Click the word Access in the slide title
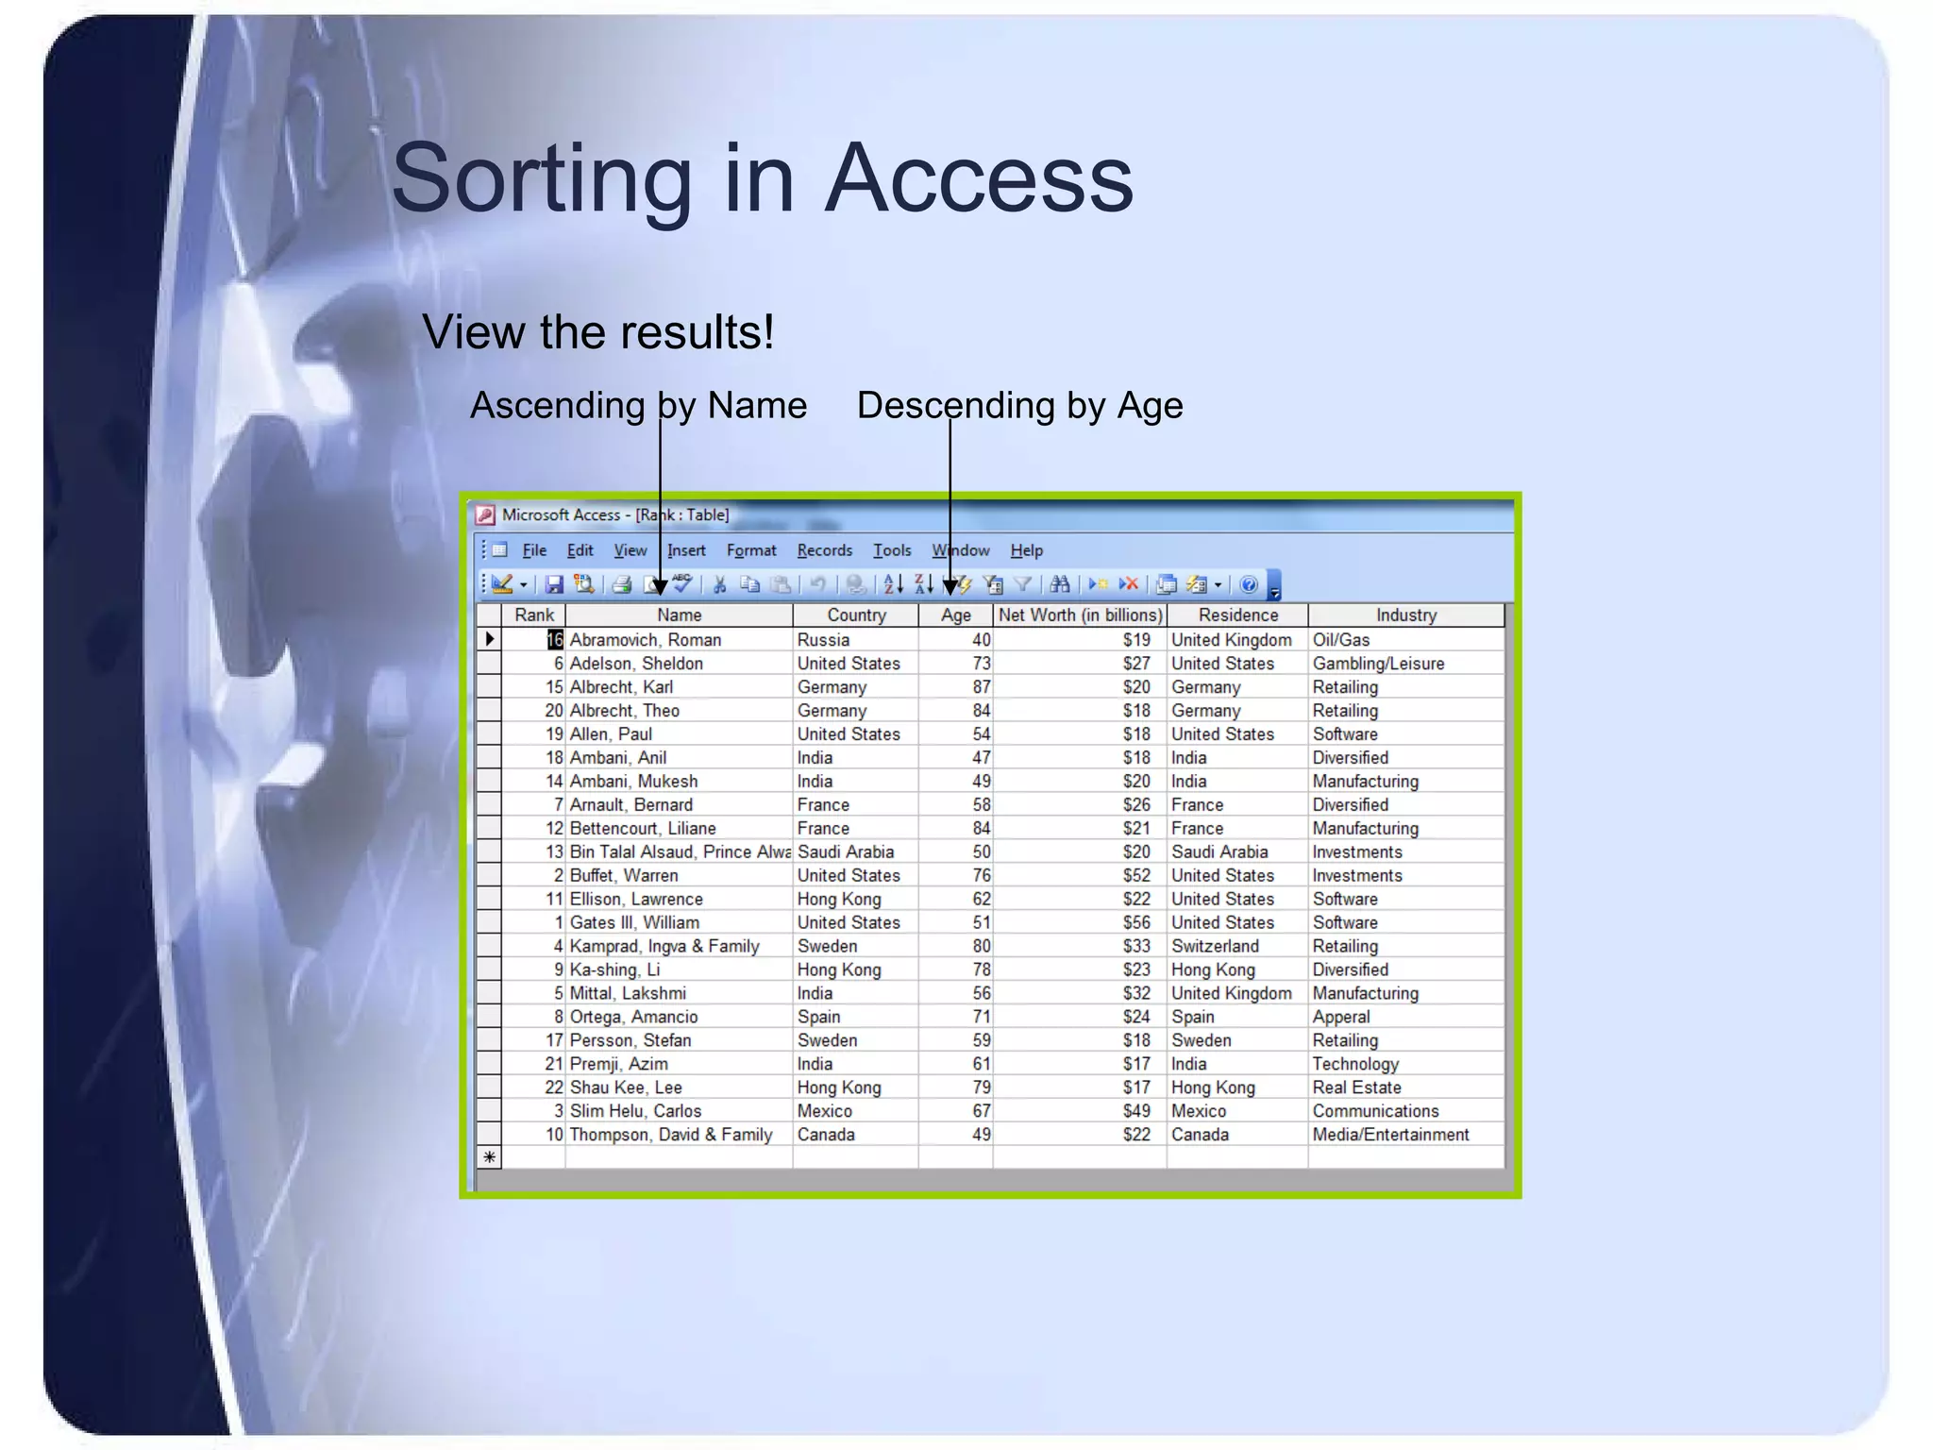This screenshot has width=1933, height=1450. (x=979, y=178)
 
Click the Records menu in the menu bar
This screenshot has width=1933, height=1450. (x=824, y=550)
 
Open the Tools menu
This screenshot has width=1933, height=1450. (x=892, y=550)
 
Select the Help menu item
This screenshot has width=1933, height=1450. (x=1026, y=550)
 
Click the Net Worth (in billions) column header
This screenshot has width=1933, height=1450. (x=1080, y=615)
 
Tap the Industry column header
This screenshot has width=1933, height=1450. (x=1405, y=615)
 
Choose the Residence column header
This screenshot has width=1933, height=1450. (x=1237, y=615)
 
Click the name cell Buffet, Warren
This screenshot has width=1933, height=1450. (x=624, y=875)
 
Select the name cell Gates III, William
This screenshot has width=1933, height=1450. (x=634, y=922)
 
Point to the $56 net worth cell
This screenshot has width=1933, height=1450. (x=1136, y=922)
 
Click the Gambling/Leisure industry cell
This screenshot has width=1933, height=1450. (x=1378, y=664)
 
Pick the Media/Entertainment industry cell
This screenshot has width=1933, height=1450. (x=1390, y=1135)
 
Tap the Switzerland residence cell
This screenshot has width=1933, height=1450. (x=1215, y=946)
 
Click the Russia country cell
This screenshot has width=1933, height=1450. (x=823, y=640)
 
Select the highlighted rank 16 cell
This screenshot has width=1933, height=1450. (x=554, y=640)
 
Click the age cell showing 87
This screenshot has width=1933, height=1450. (x=982, y=687)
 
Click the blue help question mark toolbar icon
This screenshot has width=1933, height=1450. (x=1249, y=585)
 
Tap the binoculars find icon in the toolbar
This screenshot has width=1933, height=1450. (x=1060, y=585)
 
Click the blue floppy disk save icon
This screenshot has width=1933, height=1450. (x=554, y=585)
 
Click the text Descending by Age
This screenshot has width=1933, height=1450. (x=1019, y=405)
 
